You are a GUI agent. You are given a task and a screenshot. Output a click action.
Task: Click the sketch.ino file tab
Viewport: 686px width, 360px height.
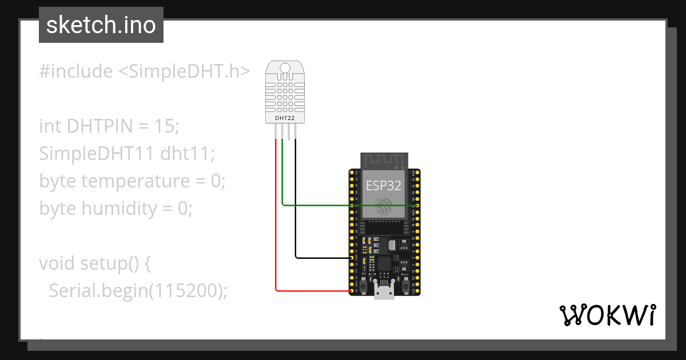click(101, 25)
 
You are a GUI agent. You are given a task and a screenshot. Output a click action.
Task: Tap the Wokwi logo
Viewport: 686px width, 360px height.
click(607, 315)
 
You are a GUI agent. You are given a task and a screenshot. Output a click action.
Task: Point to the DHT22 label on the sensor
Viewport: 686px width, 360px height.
click(285, 118)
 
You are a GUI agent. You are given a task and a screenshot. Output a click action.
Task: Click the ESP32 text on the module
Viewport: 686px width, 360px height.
click(384, 185)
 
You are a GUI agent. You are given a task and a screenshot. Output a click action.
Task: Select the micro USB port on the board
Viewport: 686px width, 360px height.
click(384, 291)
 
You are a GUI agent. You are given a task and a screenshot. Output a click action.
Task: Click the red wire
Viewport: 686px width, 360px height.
click(276, 229)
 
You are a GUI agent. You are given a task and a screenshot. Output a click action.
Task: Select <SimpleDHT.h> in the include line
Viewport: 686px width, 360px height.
click(184, 71)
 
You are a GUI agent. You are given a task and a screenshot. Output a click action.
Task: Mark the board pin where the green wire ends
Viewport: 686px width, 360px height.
click(417, 205)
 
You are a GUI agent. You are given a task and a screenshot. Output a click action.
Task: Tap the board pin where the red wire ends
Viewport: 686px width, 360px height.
click(351, 291)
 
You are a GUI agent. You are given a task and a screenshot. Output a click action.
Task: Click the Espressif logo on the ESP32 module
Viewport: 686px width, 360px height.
click(384, 206)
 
